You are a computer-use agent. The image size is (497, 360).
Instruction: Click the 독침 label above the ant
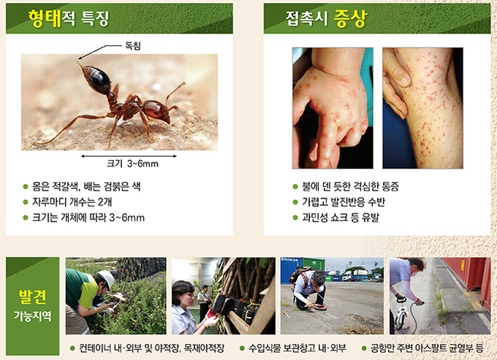point(133,46)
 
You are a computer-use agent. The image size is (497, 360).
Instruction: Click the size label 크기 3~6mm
point(132,164)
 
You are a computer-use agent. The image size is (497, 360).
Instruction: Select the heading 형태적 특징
point(69,18)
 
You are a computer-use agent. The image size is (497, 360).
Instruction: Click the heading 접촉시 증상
point(326,19)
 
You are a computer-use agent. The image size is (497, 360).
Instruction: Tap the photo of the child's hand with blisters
point(333,107)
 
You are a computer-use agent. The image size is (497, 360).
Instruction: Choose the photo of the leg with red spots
point(422,107)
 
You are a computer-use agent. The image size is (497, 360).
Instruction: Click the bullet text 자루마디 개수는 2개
point(72,202)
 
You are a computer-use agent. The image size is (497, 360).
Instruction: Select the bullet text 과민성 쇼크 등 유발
point(341,218)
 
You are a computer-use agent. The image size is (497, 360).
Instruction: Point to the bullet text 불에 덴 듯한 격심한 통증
point(350,186)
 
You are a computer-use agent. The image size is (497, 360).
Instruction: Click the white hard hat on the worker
point(106,279)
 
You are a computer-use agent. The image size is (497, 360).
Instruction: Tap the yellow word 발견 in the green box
point(32,296)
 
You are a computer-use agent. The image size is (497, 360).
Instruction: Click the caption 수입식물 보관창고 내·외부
point(297,348)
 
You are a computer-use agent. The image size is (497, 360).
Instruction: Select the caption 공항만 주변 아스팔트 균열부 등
point(427,348)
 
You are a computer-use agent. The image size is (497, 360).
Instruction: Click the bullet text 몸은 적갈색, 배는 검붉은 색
point(86,186)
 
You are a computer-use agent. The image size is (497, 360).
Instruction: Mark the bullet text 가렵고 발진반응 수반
point(344,202)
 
